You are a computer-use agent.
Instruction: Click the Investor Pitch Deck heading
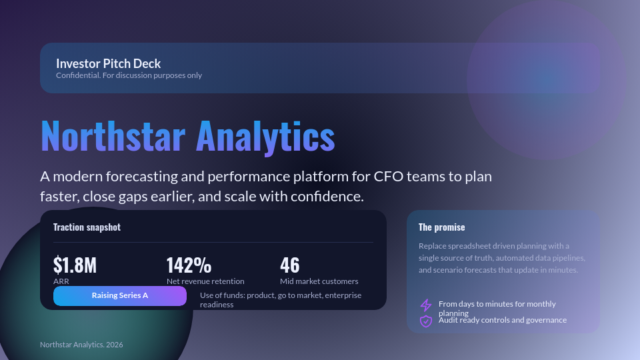point(108,64)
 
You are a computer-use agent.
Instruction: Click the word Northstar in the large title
point(113,136)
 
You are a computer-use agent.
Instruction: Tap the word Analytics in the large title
point(265,136)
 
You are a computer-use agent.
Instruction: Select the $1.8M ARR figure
point(75,265)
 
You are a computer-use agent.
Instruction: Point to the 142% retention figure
point(189,265)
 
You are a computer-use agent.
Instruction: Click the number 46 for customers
point(290,265)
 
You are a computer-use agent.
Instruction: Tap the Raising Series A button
point(120,295)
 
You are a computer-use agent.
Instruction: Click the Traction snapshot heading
point(87,227)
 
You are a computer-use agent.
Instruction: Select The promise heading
point(441,227)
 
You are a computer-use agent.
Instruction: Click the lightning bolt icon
point(426,305)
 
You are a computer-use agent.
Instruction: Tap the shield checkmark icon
point(426,321)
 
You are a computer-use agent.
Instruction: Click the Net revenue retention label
point(205,281)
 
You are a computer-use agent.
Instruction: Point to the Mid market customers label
point(319,281)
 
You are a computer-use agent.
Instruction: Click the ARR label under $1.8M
point(61,281)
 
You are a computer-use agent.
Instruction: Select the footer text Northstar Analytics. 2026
point(81,345)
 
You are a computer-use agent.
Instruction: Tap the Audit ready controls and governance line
point(503,320)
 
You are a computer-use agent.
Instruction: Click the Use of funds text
point(280,299)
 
